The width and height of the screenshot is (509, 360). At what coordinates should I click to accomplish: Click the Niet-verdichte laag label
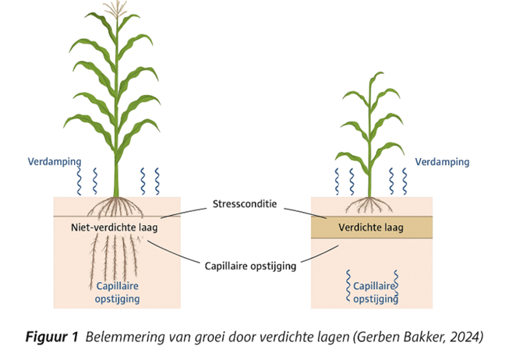point(110,228)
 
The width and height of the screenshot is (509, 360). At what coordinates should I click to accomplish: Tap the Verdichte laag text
point(371,228)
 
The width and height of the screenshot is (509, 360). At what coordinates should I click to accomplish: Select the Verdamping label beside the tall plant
point(52,162)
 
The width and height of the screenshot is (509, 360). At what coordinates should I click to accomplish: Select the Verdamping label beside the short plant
point(442,162)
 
